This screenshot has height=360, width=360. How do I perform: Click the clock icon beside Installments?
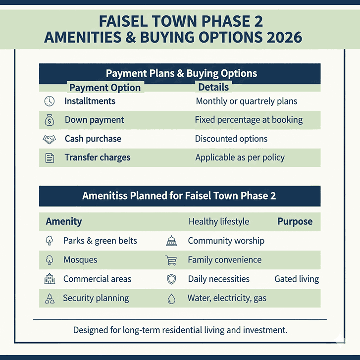pyautogui.click(x=50, y=101)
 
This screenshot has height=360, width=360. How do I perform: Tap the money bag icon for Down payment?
pyautogui.click(x=50, y=120)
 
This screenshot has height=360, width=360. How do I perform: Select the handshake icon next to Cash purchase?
pyautogui.click(x=50, y=139)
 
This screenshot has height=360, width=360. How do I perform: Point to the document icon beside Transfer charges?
pyautogui.click(x=50, y=158)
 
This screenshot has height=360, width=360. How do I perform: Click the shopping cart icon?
pyautogui.click(x=171, y=260)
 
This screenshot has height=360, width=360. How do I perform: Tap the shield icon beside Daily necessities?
pyautogui.click(x=171, y=279)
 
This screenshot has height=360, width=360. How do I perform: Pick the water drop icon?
pyautogui.click(x=171, y=299)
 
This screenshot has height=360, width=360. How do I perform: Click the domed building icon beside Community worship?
pyautogui.click(x=171, y=241)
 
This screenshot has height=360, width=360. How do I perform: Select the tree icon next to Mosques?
pyautogui.click(x=50, y=260)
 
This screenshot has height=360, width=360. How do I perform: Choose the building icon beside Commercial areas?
pyautogui.click(x=50, y=279)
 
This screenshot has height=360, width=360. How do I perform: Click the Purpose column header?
pyautogui.click(x=295, y=221)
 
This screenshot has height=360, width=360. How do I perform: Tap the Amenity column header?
pyautogui.click(x=64, y=221)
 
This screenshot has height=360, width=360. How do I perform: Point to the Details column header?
pyautogui.click(x=213, y=87)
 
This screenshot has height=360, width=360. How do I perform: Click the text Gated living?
pyautogui.click(x=297, y=279)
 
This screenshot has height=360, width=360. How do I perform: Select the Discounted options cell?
pyautogui.click(x=231, y=139)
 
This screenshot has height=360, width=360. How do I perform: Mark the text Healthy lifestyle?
pyautogui.click(x=219, y=222)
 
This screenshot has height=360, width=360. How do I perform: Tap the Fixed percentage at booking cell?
pyautogui.click(x=249, y=120)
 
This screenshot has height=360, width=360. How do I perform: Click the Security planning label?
pyautogui.click(x=96, y=298)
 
